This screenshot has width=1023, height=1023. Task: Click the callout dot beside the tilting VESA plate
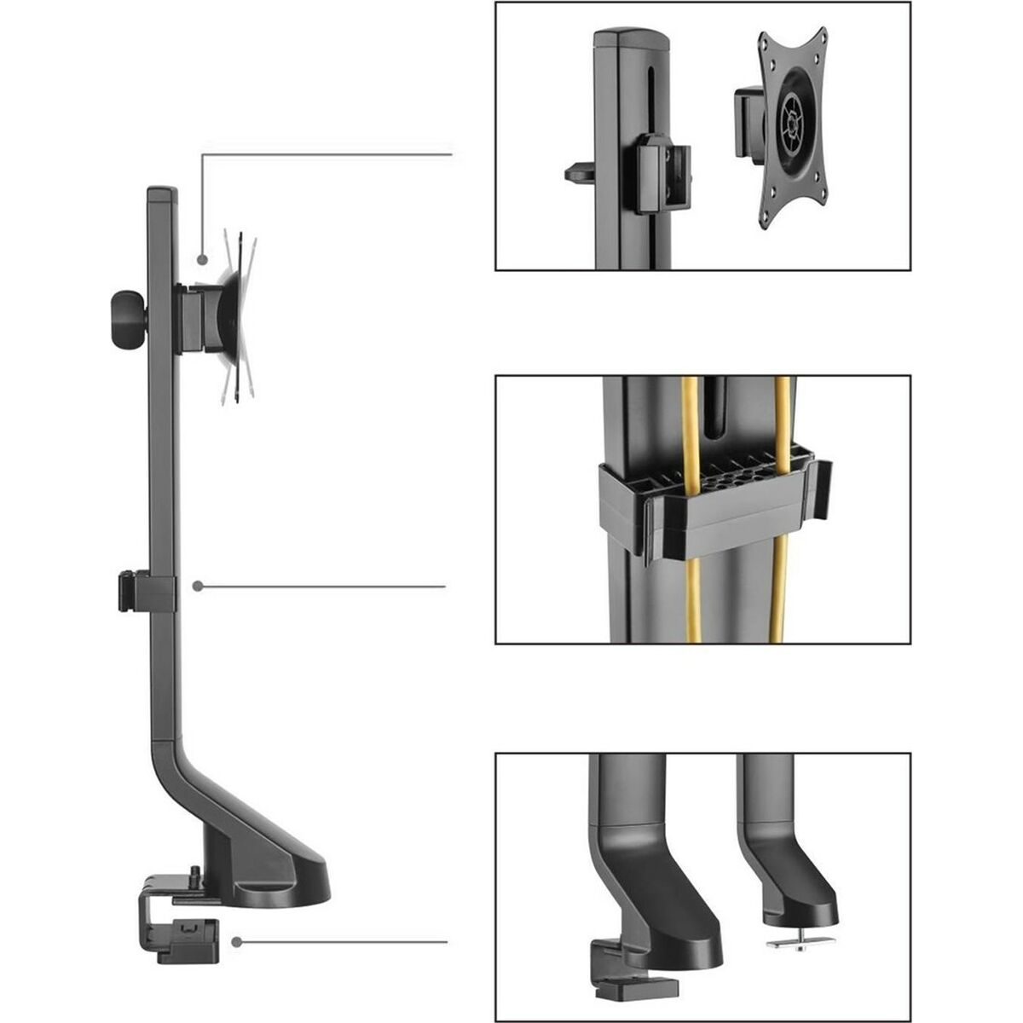pos(202,259)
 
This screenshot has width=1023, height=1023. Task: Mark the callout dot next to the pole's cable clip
pos(198,587)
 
